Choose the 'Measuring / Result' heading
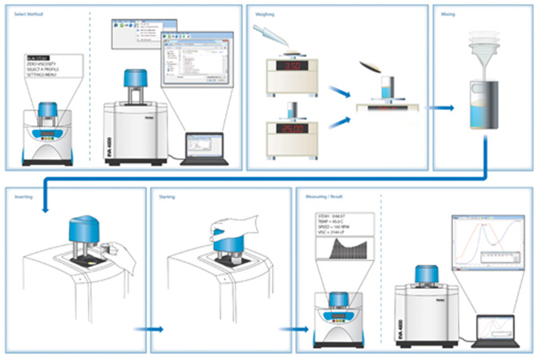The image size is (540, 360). tap(323, 195)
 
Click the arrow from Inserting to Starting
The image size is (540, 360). tap(148, 328)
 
